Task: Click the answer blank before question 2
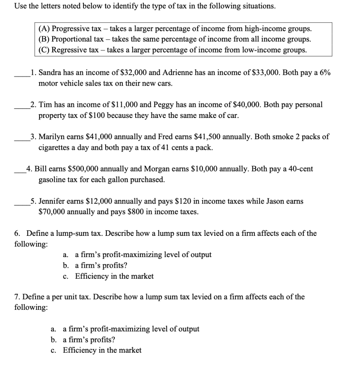coord(22,108)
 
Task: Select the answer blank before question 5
coord(22,205)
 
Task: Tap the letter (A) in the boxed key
coord(45,29)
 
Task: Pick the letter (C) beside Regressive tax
coord(45,50)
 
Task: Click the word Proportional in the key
coord(70,39)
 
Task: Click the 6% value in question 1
coord(323,73)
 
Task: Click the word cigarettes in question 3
coord(55,148)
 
